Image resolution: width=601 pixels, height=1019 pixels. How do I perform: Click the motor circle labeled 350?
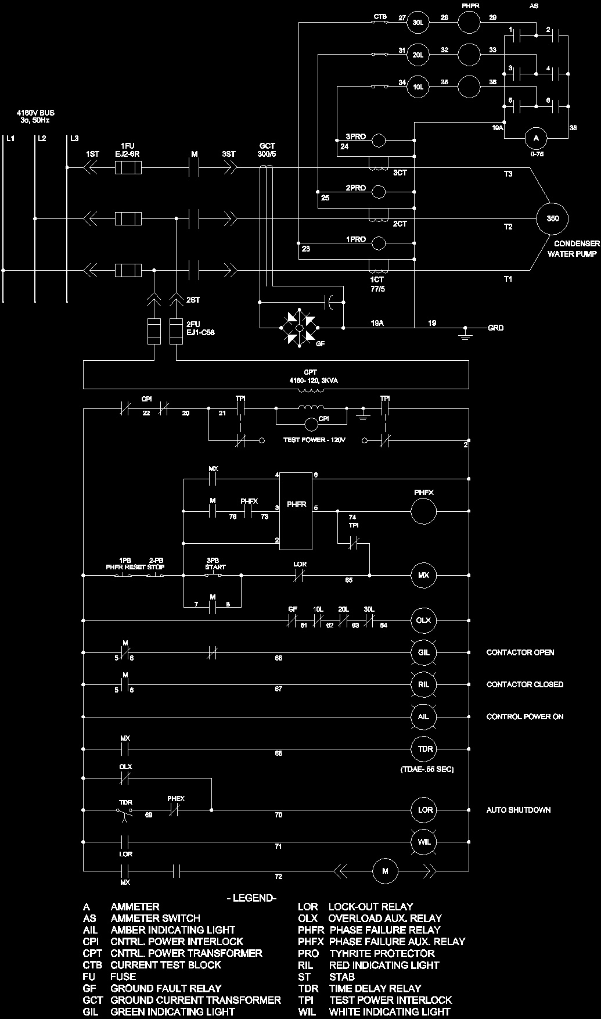pyautogui.click(x=552, y=218)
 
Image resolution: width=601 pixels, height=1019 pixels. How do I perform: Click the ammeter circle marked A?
pyautogui.click(x=536, y=138)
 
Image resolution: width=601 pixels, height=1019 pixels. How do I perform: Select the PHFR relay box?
pyautogui.click(x=297, y=511)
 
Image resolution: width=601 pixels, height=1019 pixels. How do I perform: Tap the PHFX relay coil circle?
pyautogui.click(x=424, y=511)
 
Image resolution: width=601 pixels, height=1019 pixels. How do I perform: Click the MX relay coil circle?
pyautogui.click(x=424, y=575)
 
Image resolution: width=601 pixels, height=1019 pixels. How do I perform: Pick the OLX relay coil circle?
pyautogui.click(x=424, y=620)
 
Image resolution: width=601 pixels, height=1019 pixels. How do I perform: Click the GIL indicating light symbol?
pyautogui.click(x=424, y=652)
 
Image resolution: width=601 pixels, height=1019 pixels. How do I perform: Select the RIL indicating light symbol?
pyautogui.click(x=424, y=684)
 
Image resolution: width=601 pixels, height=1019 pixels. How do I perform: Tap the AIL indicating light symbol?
pyautogui.click(x=424, y=716)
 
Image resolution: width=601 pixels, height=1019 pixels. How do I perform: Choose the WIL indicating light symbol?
pyautogui.click(x=424, y=841)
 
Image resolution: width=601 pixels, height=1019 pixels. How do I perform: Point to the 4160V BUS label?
pyautogui.click(x=35, y=116)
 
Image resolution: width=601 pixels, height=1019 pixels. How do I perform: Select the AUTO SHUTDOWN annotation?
pyautogui.click(x=518, y=810)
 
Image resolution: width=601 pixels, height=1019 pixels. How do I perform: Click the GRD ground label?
pyautogui.click(x=495, y=328)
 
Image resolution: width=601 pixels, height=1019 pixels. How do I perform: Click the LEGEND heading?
pyautogui.click(x=251, y=898)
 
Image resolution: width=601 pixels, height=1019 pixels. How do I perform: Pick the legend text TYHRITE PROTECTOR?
pyautogui.click(x=382, y=953)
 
